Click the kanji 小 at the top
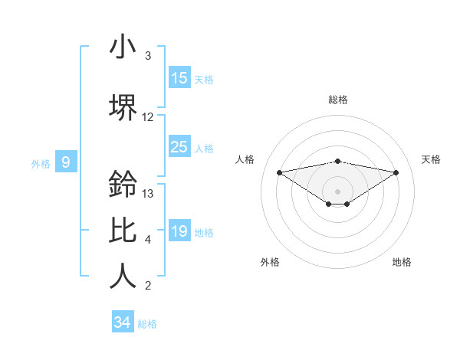point(123,47)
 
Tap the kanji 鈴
point(123,184)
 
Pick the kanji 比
point(123,231)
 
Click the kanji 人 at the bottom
point(123,277)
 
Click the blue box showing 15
point(179,78)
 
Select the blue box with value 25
point(179,147)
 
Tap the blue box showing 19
point(179,231)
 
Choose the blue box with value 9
point(66,162)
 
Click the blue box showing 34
point(122,322)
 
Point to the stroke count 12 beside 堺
point(148,117)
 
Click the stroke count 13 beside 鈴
point(149,194)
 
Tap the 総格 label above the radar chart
point(338,100)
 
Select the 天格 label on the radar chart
point(431,159)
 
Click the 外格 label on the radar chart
point(270,262)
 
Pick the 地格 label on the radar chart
point(402,262)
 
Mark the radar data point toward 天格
point(396,172)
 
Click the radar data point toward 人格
point(279,172)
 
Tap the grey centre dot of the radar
point(337,191)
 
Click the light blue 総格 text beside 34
point(147,324)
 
